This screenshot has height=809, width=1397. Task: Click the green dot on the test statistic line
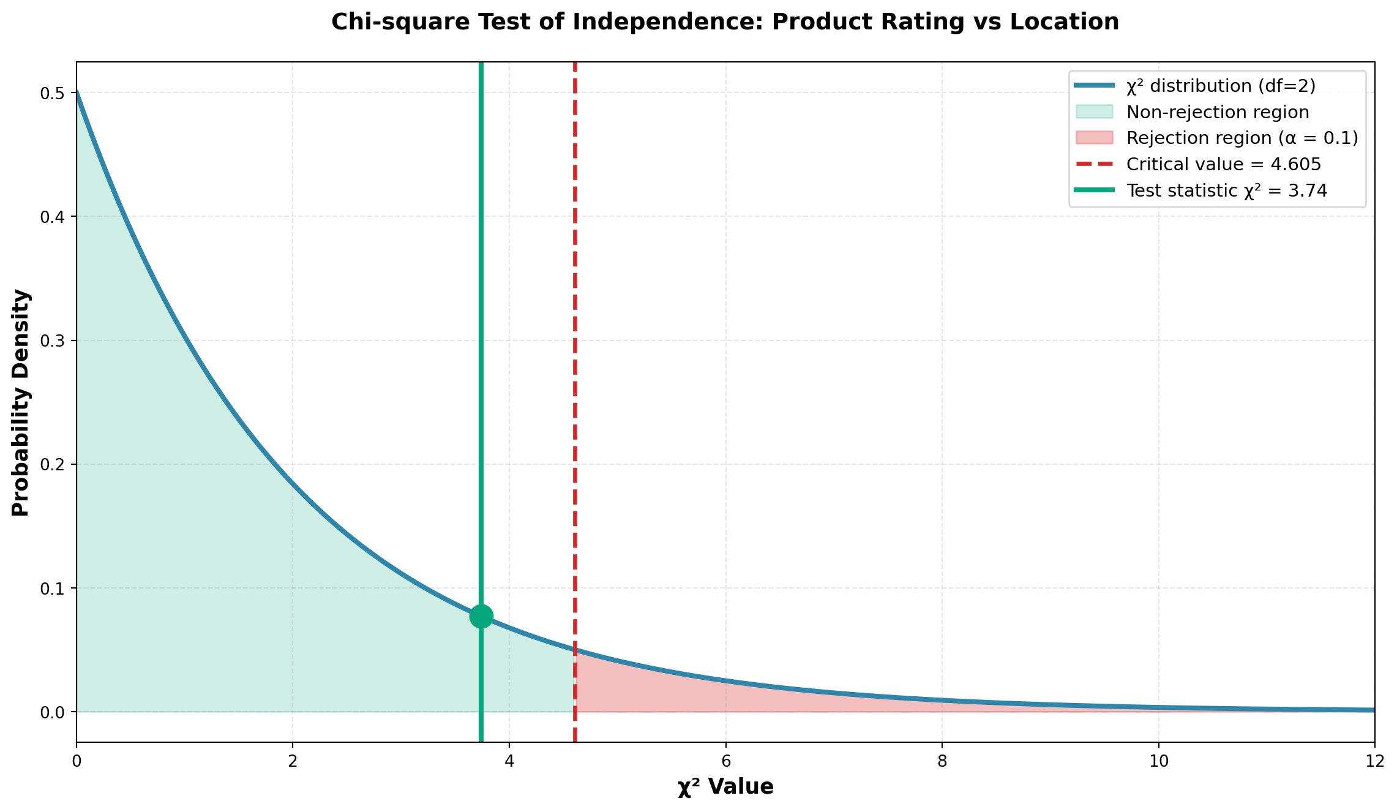coord(481,616)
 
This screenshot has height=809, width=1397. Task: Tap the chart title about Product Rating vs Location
coord(725,22)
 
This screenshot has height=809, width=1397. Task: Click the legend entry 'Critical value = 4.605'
coord(1223,164)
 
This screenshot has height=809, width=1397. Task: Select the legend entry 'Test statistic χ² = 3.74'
coord(1226,190)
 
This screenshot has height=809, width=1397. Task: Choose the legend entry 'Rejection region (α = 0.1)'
coord(1242,138)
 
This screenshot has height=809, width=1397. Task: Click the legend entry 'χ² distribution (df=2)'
coord(1221,86)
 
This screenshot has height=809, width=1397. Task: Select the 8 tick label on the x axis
coord(942,760)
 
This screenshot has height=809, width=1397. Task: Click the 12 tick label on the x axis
coord(1374,760)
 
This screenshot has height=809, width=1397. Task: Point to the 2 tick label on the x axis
coord(293,760)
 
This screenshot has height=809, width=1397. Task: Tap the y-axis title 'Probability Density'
coord(21,402)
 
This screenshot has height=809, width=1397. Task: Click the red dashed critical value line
coord(575,367)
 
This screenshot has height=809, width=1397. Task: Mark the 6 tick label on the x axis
coord(725,760)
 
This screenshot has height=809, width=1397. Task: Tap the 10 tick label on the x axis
coord(1158,760)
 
